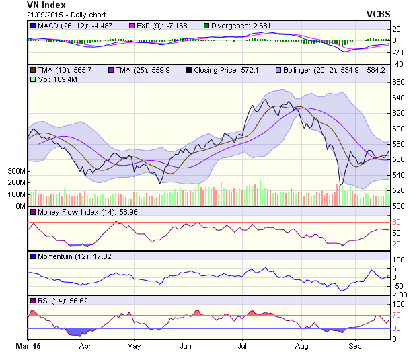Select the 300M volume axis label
[17, 171]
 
